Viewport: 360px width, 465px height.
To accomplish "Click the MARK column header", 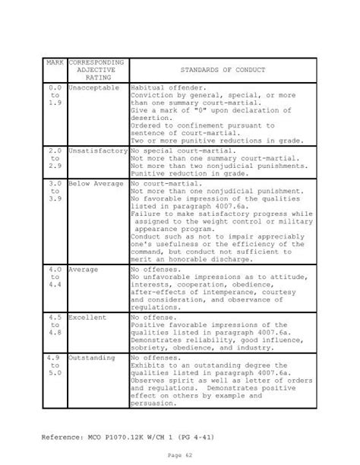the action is click(55, 61).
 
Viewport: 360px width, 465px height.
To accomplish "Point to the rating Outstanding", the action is click(93, 357).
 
